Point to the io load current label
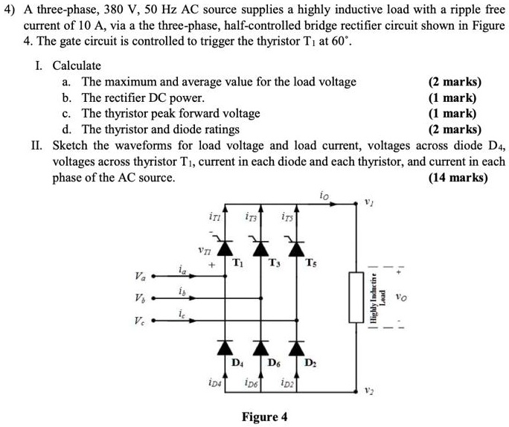pyautogui.click(x=321, y=196)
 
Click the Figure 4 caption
pyautogui.click(x=265, y=416)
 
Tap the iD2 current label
pyautogui.click(x=286, y=384)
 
